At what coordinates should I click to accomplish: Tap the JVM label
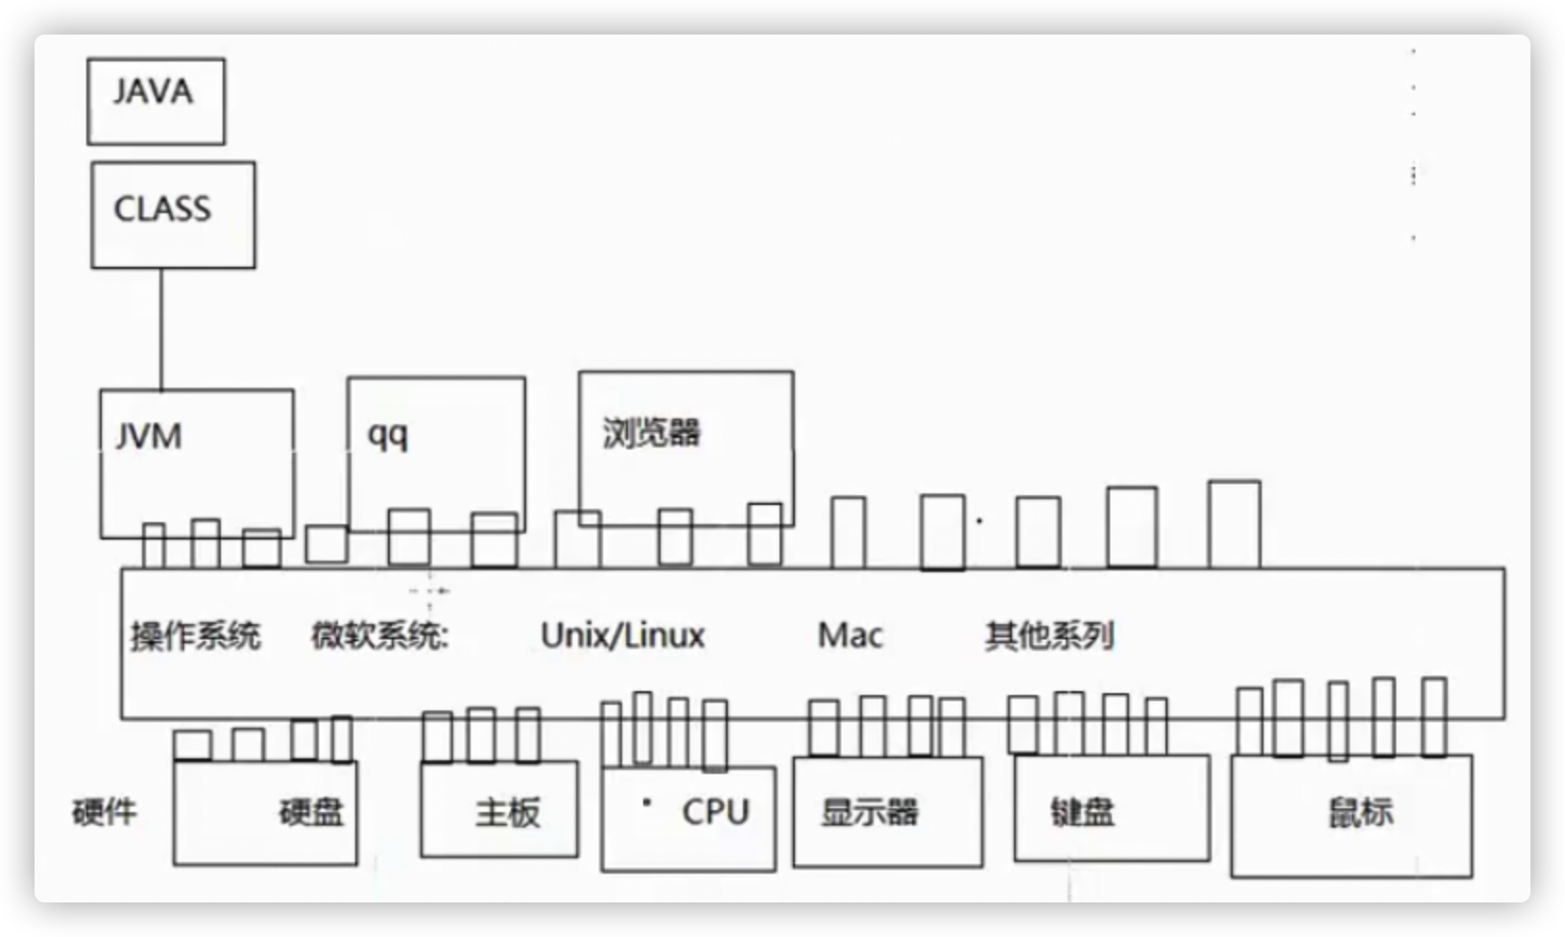pos(149,437)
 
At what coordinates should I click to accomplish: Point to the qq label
pos(388,435)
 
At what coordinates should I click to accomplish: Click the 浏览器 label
pos(652,432)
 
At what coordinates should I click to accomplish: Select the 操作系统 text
pos(196,636)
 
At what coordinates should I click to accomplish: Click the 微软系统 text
pos(380,636)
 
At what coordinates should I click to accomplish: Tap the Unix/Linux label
pos(622,635)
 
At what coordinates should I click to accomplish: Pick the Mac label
pos(850,635)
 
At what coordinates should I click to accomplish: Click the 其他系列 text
pos(1048,636)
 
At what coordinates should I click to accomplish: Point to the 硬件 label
pos(105,812)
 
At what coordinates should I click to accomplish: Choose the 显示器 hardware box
pos(887,812)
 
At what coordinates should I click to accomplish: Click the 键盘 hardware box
pos(1111,809)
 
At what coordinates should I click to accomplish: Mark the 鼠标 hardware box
pos(1351,816)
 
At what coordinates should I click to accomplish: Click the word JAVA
pos(153,92)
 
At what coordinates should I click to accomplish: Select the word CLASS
pos(162,209)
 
